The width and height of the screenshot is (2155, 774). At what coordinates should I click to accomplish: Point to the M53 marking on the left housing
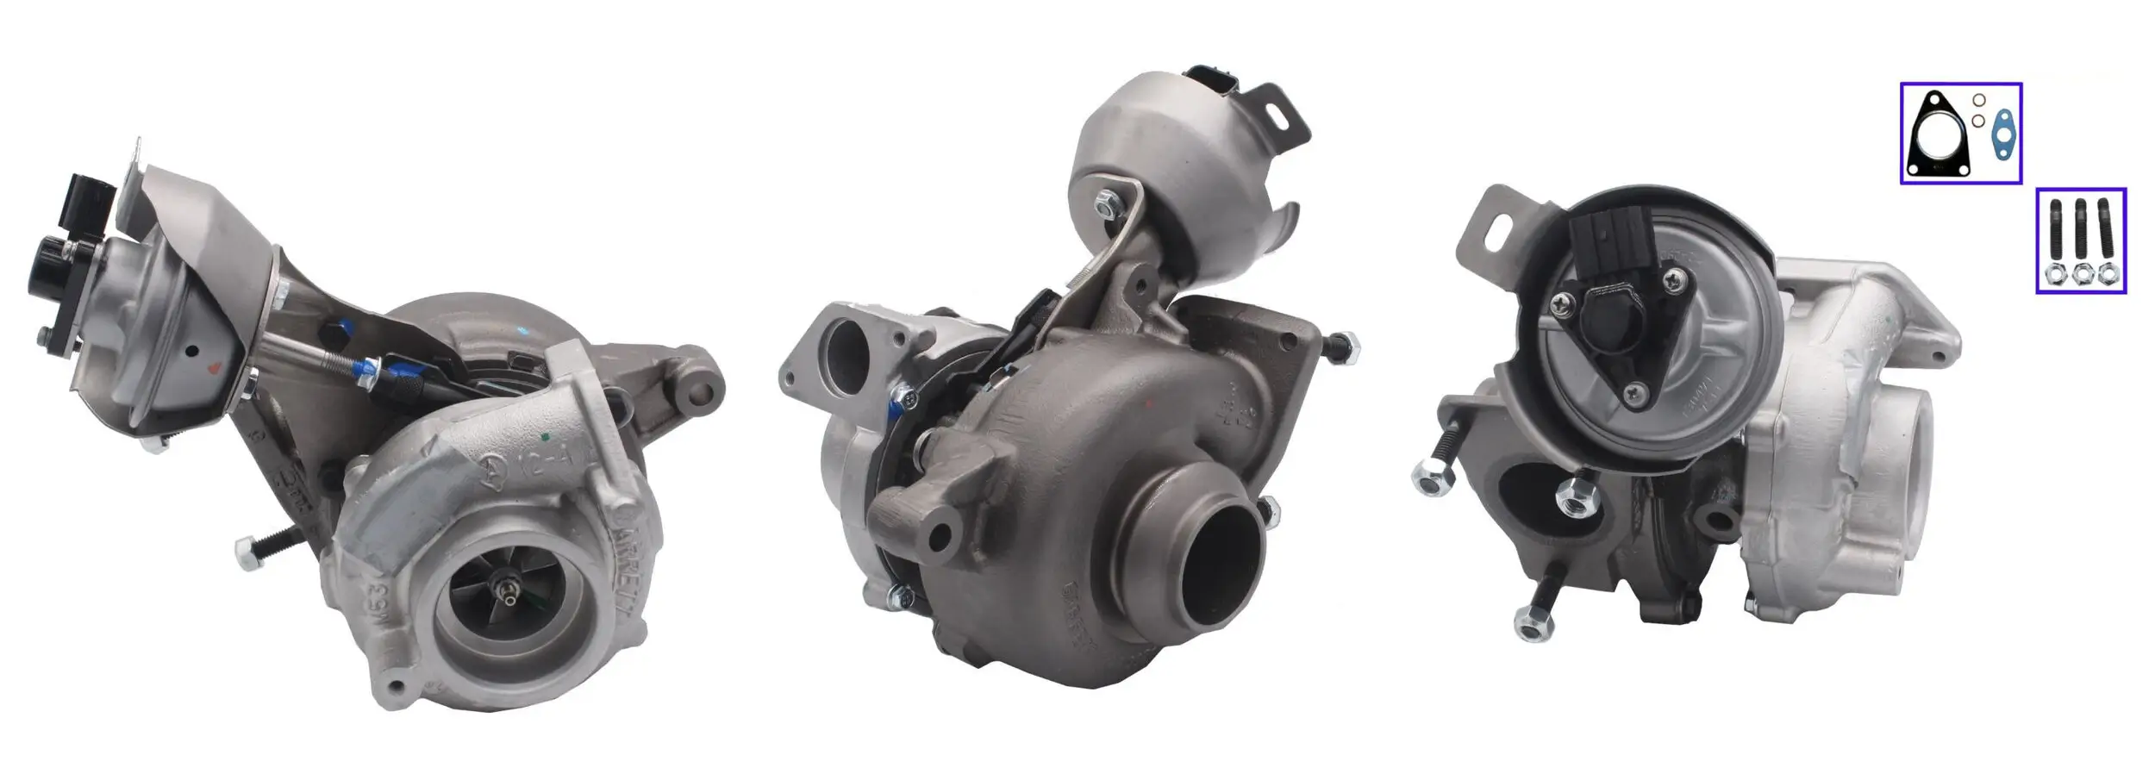[384, 595]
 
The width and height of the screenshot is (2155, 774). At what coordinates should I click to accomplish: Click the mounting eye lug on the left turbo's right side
[701, 395]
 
